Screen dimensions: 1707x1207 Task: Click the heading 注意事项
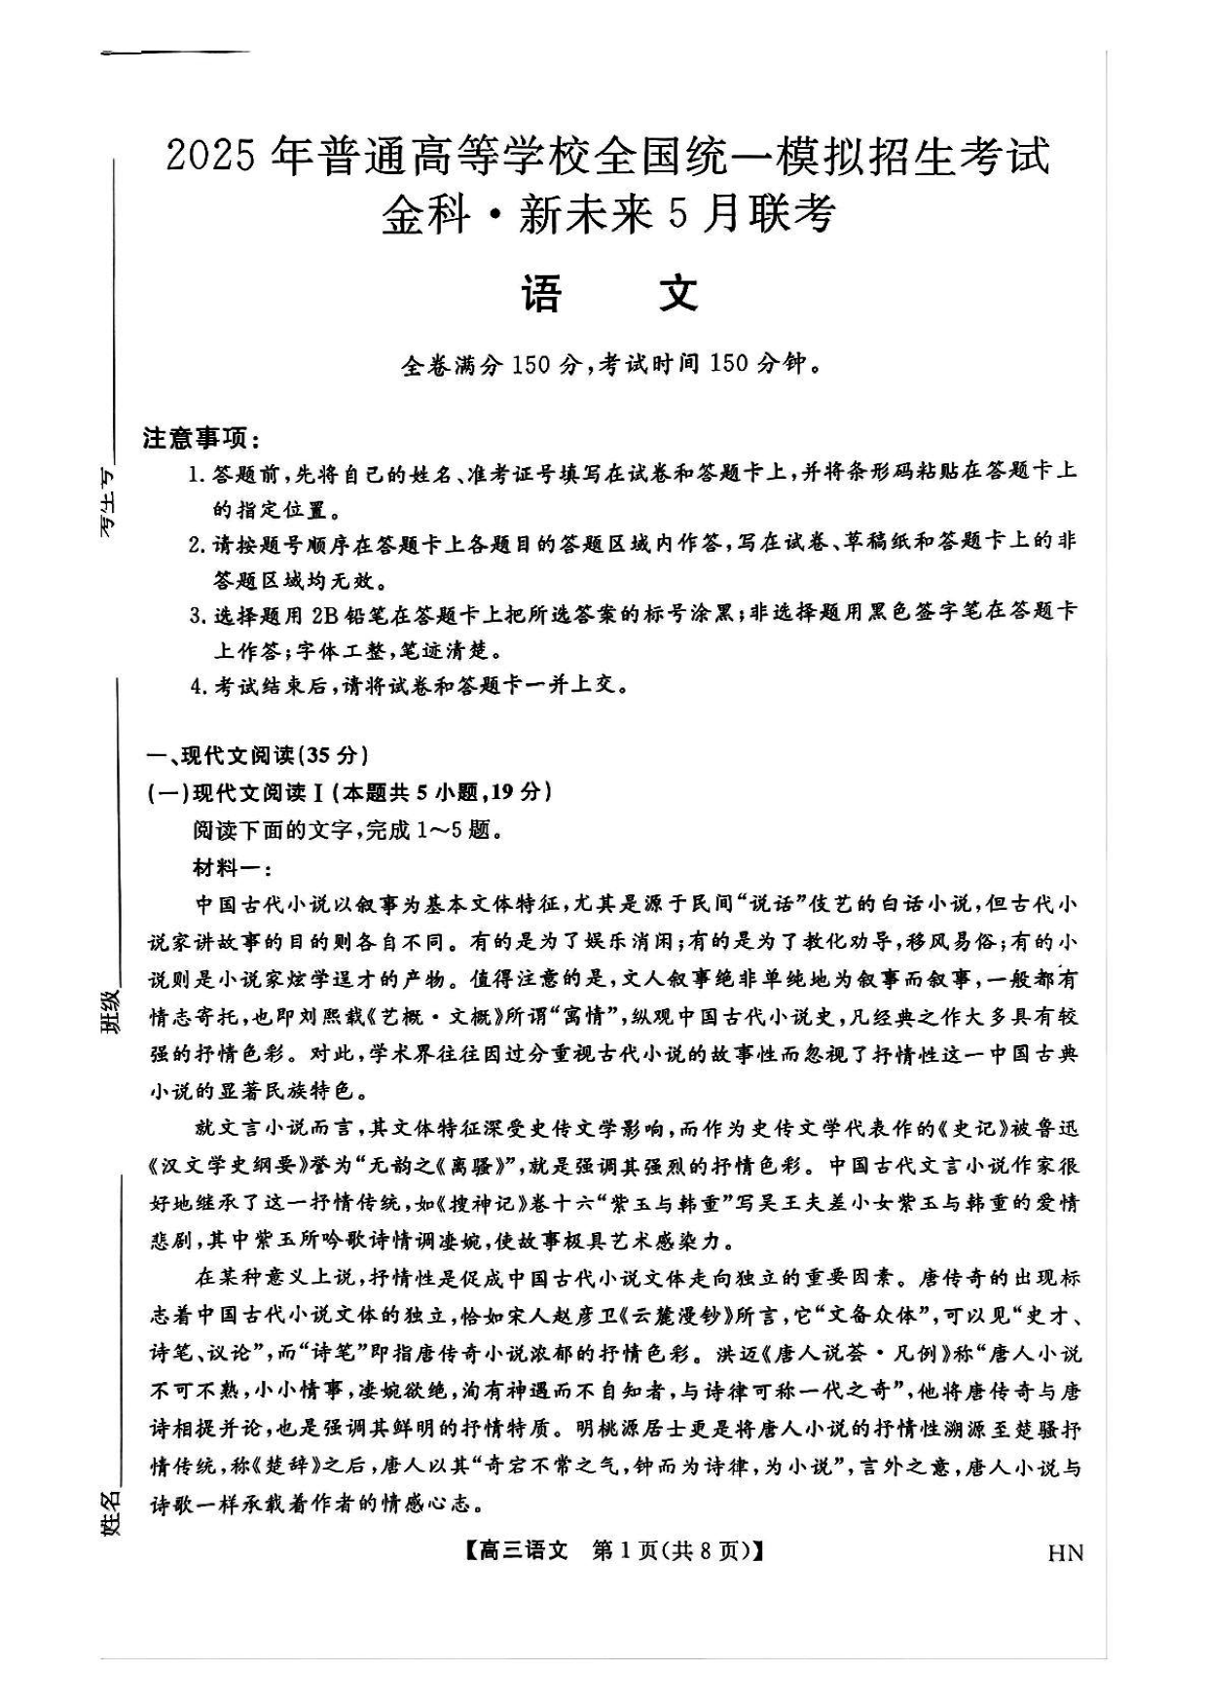(x=201, y=438)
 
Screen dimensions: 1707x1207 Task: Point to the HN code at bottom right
(x=1065, y=1551)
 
